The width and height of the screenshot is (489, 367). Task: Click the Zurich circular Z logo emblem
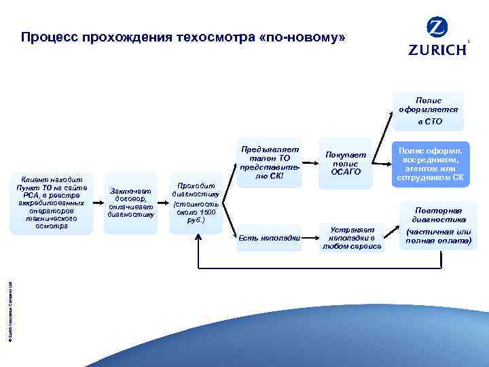[437, 28]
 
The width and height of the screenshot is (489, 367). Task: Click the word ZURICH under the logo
[437, 50]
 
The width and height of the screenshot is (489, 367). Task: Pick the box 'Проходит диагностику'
[196, 203]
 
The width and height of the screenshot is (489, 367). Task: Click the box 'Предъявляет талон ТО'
[260, 161]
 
